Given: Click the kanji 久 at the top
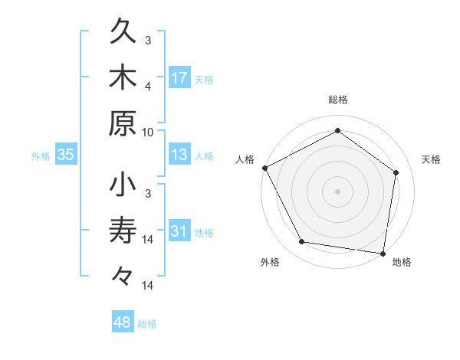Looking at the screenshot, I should [123, 33].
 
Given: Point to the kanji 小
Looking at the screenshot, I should [123, 186].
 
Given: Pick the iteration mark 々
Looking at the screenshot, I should [123, 275].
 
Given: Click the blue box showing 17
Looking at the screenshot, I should [179, 77].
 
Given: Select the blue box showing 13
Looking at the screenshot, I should [179, 155].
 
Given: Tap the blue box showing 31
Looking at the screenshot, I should [179, 232].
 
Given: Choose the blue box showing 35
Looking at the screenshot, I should [66, 155].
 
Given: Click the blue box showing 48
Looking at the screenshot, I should [123, 322].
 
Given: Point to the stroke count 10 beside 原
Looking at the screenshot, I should [148, 131].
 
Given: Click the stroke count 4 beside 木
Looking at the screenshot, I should [148, 86].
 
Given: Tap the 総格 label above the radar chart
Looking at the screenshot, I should [338, 100].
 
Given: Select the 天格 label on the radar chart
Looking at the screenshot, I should [431, 159].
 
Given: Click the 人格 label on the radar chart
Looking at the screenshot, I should [245, 159].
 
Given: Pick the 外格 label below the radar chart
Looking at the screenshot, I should [270, 263].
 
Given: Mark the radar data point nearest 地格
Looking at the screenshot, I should [383, 253].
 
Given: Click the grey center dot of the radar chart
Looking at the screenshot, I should [338, 191].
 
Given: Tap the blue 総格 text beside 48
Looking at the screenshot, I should [147, 324].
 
